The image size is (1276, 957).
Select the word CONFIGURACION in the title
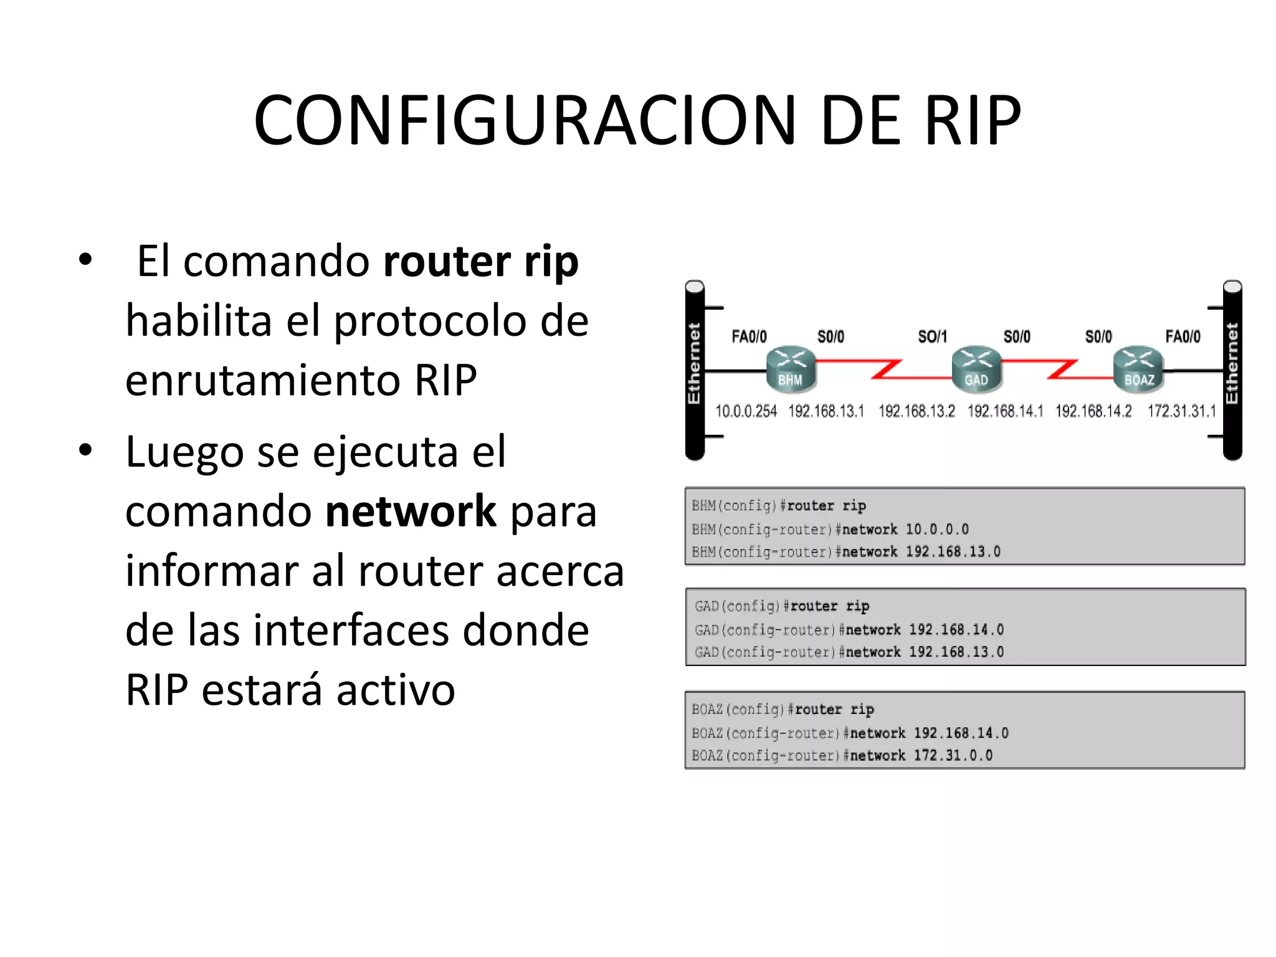click(x=525, y=120)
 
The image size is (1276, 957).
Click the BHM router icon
click(x=791, y=369)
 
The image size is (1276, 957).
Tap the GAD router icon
click(x=976, y=369)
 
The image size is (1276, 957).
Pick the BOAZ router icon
click(x=1138, y=369)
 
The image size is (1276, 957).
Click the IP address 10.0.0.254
click(x=746, y=411)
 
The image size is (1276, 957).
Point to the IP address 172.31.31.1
click(x=1181, y=411)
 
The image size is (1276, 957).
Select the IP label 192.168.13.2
click(x=917, y=411)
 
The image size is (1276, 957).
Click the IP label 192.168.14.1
click(x=1005, y=411)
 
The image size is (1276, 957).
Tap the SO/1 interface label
click(x=932, y=337)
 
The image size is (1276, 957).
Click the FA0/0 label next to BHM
click(x=749, y=337)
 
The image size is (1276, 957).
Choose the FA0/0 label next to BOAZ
click(x=1183, y=337)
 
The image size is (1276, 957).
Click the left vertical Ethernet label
click(x=694, y=363)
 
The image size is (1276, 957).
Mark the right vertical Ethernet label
click(x=1232, y=363)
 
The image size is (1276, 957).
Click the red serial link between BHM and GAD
click(x=884, y=369)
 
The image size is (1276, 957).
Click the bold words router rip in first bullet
click(x=481, y=262)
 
